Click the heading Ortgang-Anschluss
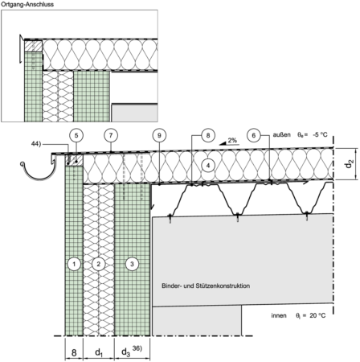click(27, 4)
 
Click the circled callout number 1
click(74, 264)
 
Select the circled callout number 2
click(99, 264)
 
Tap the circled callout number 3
click(132, 264)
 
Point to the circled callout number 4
click(208, 166)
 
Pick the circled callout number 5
click(76, 135)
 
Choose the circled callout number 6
click(254, 135)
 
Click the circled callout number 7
click(111, 135)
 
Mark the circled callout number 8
click(208, 135)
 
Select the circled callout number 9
click(159, 135)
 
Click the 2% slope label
click(233, 140)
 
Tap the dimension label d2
click(350, 163)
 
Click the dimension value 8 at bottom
click(74, 352)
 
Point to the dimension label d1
click(99, 353)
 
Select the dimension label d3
click(126, 352)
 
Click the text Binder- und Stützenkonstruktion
click(206, 286)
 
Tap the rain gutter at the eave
click(39, 171)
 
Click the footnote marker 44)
click(36, 144)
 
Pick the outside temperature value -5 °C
click(319, 134)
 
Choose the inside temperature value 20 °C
click(318, 315)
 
